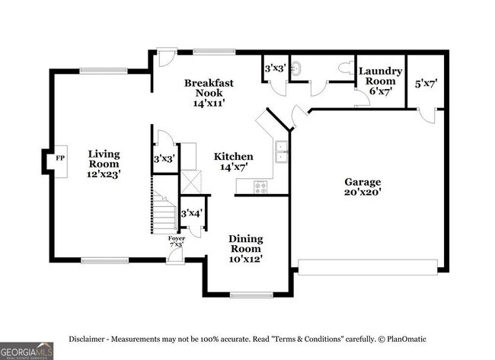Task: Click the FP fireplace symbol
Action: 59,159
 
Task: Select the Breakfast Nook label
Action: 208,92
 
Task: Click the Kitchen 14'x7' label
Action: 236,161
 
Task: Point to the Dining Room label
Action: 245,249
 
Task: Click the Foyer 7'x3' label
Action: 177,242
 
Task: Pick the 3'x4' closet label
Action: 190,213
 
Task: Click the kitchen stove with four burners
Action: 261,186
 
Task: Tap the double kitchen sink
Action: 282,152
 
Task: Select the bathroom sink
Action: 299,65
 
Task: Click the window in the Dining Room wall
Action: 251,295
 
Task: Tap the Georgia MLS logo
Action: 27,351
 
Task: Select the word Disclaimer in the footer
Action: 89,339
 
